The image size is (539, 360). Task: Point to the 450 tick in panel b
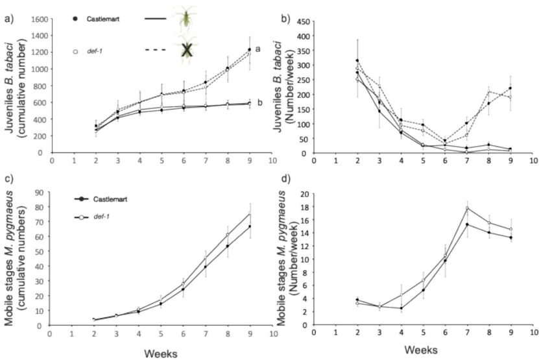tap(301, 19)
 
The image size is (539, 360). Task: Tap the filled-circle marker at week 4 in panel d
tap(401, 308)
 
